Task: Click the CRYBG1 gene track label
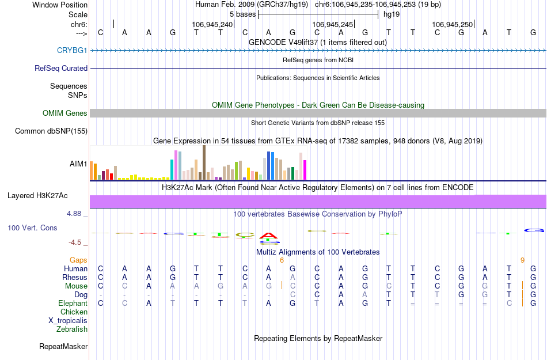pos(72,51)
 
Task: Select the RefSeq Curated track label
pos(61,68)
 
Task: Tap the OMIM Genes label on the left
pos(65,113)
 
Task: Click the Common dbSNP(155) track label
pos(51,131)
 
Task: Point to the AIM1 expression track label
pos(78,164)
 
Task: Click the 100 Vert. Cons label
pos(32,228)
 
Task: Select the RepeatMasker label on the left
pos(63,347)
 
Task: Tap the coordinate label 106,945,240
pos(212,24)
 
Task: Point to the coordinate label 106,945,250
pos(452,24)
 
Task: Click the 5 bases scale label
pos(242,14)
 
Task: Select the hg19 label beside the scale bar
pos(392,14)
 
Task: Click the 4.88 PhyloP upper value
pos(75,214)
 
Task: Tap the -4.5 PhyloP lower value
pos(75,242)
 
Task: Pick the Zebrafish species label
pos(72,329)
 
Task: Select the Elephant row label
pos(73,304)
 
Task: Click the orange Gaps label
pos(78,260)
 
